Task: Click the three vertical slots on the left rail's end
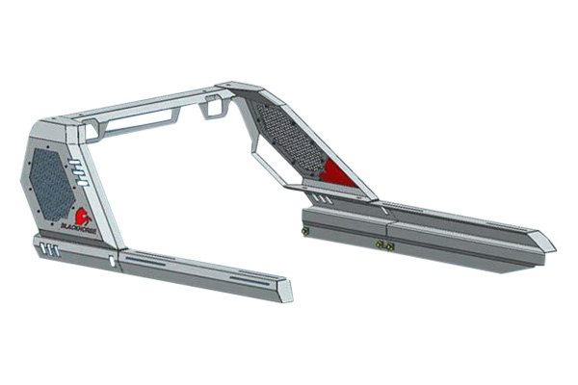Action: pos(49,250)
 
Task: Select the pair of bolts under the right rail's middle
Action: pos(385,246)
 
